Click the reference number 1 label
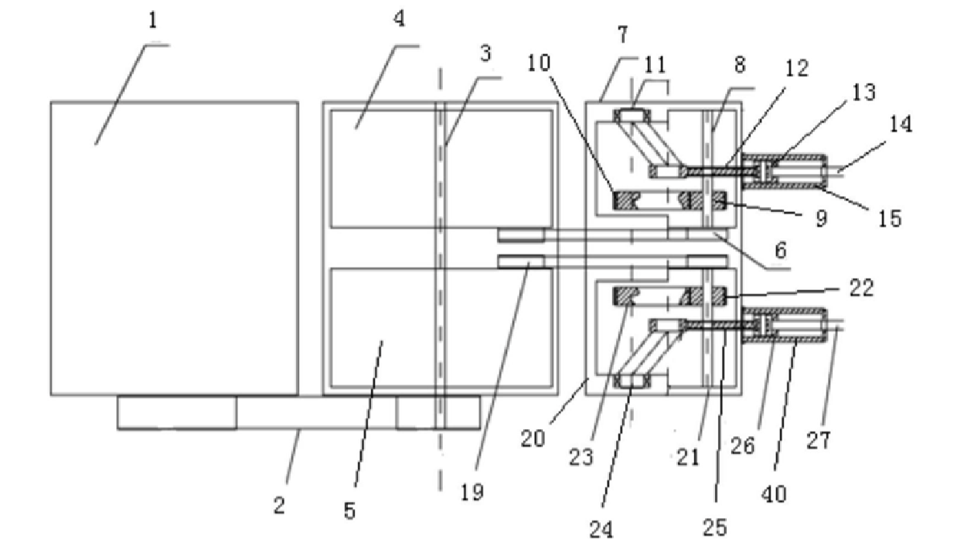(x=152, y=21)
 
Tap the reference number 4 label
(x=399, y=19)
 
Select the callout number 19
(x=472, y=493)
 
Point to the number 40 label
(x=774, y=494)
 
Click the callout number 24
(x=601, y=530)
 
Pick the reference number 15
(x=890, y=218)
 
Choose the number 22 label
(x=861, y=288)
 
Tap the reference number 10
(x=539, y=63)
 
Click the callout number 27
(x=818, y=440)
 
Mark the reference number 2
(x=279, y=506)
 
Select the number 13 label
(x=863, y=92)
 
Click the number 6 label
(x=781, y=250)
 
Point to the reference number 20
(x=533, y=439)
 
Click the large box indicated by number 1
(x=174, y=248)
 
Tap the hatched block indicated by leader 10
(x=624, y=200)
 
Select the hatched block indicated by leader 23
(x=624, y=296)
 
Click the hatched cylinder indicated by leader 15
(x=785, y=172)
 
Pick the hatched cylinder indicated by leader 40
(x=785, y=325)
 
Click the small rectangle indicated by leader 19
(x=521, y=261)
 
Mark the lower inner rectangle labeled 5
(x=441, y=328)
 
